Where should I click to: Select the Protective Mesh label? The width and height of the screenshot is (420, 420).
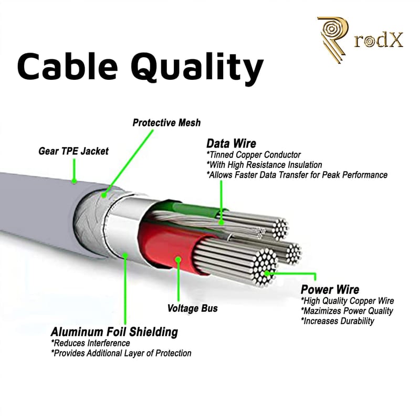pos(166,123)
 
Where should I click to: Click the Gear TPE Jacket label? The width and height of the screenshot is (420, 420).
pos(73,151)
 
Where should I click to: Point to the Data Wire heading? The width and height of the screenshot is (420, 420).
pos(231,143)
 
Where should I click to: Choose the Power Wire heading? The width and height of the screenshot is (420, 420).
pos(330,289)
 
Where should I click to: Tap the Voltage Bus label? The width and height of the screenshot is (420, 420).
pos(192,308)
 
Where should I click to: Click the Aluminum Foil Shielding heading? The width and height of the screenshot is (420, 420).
pos(114,332)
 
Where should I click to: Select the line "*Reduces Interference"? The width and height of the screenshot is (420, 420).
pos(90,343)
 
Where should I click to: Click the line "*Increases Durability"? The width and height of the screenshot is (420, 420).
pos(338,320)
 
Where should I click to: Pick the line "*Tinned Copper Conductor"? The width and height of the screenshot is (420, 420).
pos(254,154)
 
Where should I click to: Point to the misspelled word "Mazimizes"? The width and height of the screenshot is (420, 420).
pos(321,310)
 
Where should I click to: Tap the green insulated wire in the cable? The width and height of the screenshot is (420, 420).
pos(194,211)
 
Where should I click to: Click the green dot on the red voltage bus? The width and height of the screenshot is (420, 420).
pos(178,259)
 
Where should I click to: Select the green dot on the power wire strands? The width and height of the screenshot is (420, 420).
pos(268,273)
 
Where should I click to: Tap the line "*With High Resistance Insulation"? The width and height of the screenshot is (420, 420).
pos(264,164)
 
